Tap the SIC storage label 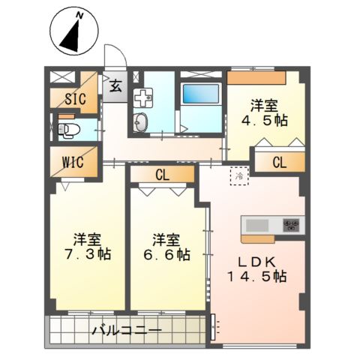[x=73, y=98]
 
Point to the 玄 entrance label [x=116, y=85]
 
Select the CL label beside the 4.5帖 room [x=279, y=160]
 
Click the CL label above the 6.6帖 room [x=162, y=175]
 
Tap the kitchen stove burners [x=290, y=224]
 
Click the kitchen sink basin [x=257, y=224]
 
